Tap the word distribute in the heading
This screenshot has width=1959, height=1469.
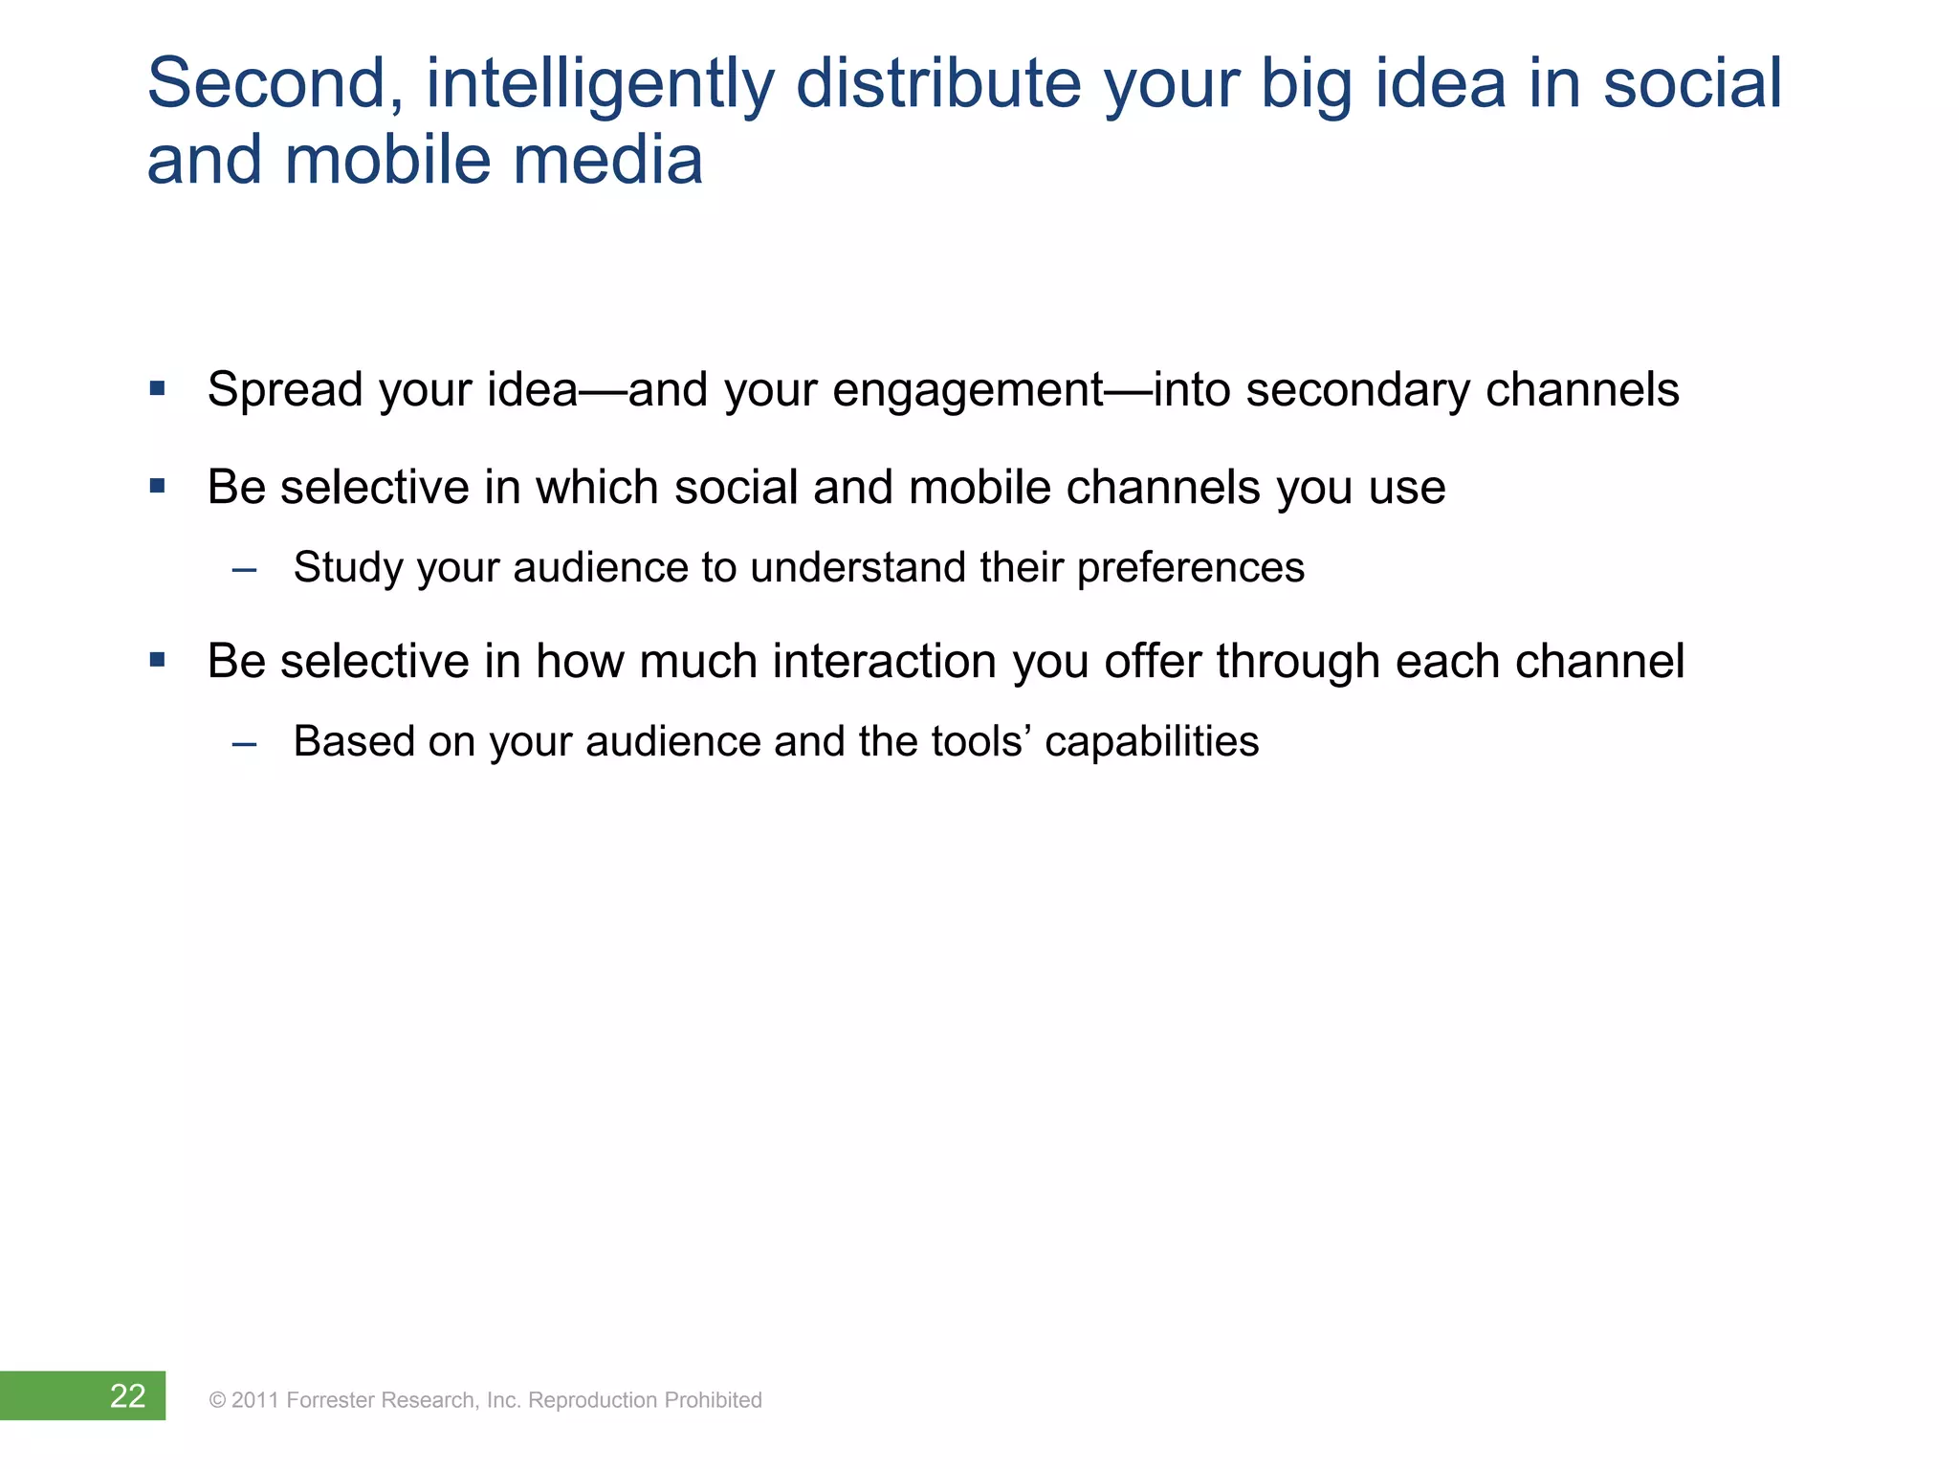(938, 84)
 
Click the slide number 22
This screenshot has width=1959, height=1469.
(127, 1396)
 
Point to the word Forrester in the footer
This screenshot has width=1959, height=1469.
(330, 1400)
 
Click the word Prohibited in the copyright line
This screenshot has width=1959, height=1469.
(713, 1400)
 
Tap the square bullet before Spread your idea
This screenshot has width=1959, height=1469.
(158, 389)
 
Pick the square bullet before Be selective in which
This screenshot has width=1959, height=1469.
(158, 487)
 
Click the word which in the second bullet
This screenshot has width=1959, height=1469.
(597, 488)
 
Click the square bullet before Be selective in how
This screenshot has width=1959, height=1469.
(158, 660)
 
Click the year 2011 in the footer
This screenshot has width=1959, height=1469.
(254, 1400)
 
